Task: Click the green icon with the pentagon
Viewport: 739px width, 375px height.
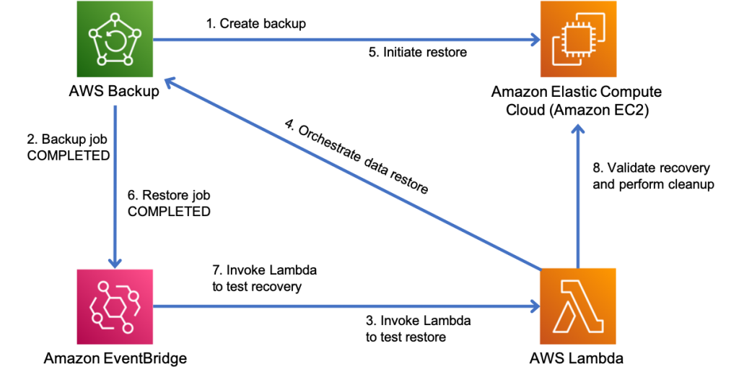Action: click(115, 39)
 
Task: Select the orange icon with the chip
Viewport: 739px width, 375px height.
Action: click(578, 39)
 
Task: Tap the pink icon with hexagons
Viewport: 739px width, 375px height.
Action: click(115, 306)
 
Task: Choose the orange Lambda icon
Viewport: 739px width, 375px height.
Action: click(577, 306)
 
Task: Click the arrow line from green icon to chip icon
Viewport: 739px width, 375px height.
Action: click(346, 40)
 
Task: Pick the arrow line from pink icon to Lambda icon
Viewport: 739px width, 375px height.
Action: click(346, 306)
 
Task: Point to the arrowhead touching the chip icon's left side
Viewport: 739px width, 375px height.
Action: click(535, 40)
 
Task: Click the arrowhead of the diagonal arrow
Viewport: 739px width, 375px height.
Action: click(170, 82)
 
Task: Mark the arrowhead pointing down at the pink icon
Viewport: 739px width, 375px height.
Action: click(115, 262)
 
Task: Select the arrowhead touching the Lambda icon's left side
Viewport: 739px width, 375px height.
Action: click(535, 306)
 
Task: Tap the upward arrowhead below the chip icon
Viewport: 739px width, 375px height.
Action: click(577, 129)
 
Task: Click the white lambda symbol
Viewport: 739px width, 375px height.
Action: click(577, 306)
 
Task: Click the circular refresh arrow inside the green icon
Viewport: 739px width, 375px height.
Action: click(114, 42)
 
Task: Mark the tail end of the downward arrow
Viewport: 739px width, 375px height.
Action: click(115, 107)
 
